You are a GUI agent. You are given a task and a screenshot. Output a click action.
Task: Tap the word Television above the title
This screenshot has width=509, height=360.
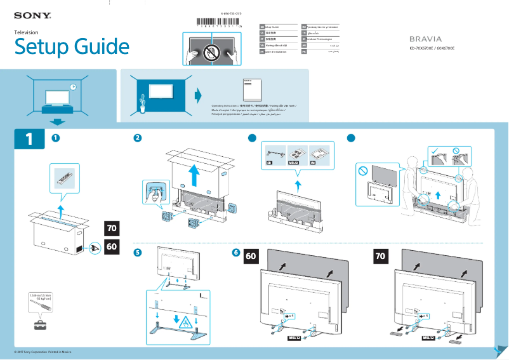pos(27,32)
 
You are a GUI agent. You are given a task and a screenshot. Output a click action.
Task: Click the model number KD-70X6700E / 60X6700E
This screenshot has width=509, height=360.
pos(432,48)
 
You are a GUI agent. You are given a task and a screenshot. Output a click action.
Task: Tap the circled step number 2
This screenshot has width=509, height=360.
pos(138,138)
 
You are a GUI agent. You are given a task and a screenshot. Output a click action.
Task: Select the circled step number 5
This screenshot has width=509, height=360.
pos(138,252)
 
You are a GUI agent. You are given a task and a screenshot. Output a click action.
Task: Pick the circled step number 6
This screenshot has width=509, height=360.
pos(236,252)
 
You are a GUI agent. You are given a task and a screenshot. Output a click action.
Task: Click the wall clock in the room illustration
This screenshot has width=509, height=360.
pos(73,87)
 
